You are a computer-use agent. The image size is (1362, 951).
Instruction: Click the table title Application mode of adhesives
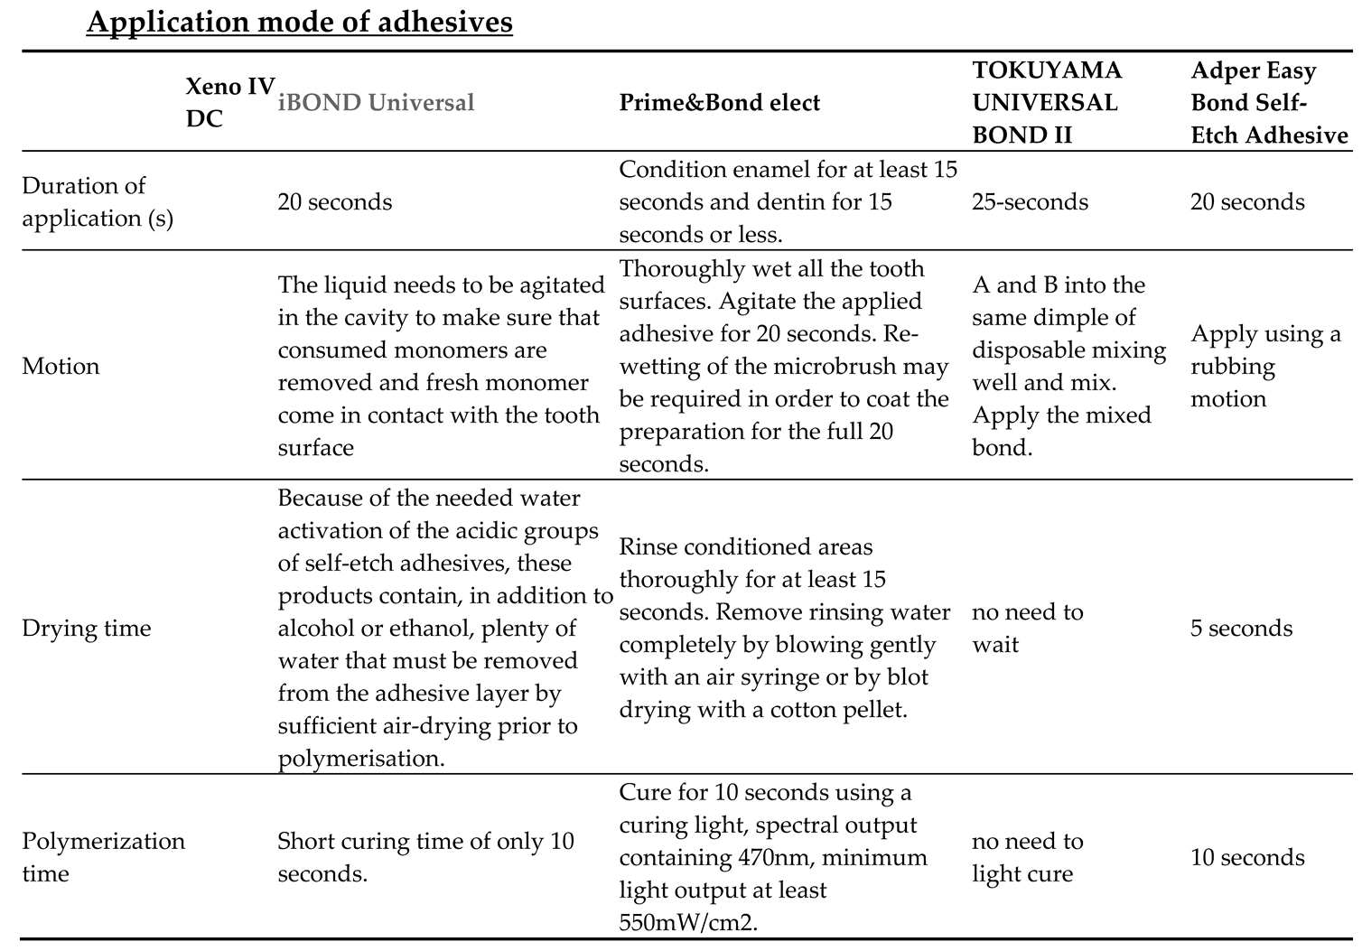pyautogui.click(x=299, y=21)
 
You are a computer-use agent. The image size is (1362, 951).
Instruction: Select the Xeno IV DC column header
pyautogui.click(x=229, y=102)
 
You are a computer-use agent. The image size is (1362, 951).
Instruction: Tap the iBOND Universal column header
pyautogui.click(x=376, y=102)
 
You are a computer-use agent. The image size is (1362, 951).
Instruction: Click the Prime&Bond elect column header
pyautogui.click(x=719, y=102)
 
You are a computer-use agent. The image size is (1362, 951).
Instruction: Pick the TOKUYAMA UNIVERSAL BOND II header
pyautogui.click(x=1046, y=102)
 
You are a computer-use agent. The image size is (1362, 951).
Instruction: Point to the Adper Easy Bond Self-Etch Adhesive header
pyautogui.click(x=1268, y=102)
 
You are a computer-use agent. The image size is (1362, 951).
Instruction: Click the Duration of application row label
pyautogui.click(x=97, y=201)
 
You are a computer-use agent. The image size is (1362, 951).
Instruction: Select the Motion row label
pyautogui.click(x=61, y=366)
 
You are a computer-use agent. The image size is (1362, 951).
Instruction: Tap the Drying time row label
pyautogui.click(x=86, y=628)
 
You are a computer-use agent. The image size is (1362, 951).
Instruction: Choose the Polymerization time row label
pyautogui.click(x=103, y=857)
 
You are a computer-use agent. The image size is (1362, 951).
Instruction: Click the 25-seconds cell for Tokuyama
pyautogui.click(x=1030, y=201)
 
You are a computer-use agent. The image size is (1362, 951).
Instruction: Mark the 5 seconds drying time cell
pyautogui.click(x=1241, y=628)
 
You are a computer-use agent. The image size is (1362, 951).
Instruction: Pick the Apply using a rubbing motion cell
pyautogui.click(x=1264, y=366)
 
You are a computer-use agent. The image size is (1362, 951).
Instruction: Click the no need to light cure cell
pyautogui.click(x=1027, y=857)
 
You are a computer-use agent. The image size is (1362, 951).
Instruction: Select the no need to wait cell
pyautogui.click(x=1027, y=628)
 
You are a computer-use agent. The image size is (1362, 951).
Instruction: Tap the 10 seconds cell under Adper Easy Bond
pyautogui.click(x=1247, y=857)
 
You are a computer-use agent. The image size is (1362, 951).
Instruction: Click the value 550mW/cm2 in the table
pyautogui.click(x=686, y=922)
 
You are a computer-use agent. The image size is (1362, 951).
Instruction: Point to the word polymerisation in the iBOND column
pyautogui.click(x=360, y=758)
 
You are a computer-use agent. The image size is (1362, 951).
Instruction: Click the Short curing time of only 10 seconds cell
pyautogui.click(x=425, y=857)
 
